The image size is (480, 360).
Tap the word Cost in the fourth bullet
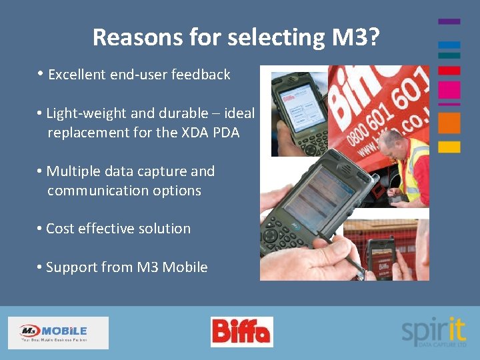tap(60, 229)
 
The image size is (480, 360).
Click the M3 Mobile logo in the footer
tap(58, 332)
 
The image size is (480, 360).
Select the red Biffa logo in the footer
tap(241, 331)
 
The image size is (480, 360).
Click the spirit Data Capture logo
tap(433, 331)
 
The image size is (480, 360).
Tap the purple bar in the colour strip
tap(449, 21)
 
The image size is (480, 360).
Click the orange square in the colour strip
tap(449, 123)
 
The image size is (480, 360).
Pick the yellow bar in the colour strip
tap(449, 147)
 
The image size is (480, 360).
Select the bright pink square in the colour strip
tap(449, 90)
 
